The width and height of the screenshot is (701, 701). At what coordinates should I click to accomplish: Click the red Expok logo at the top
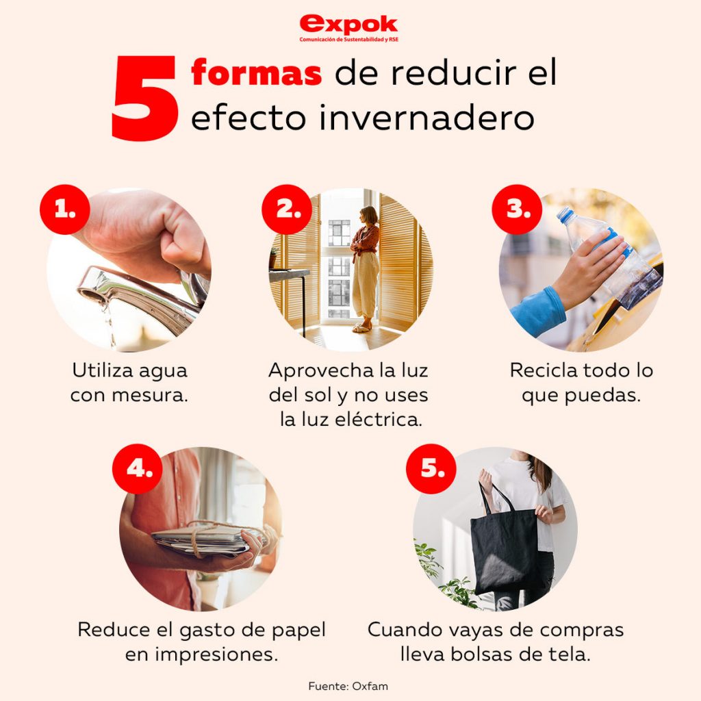click(x=348, y=27)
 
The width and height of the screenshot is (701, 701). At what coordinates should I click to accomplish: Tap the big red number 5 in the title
click(x=144, y=98)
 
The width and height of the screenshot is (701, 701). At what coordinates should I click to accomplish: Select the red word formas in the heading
click(x=256, y=73)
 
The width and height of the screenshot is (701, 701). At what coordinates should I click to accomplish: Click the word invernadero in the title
click(x=426, y=118)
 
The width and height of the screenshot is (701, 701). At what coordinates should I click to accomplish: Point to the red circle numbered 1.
click(x=65, y=209)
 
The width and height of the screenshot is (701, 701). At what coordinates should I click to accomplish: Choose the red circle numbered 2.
click(x=287, y=209)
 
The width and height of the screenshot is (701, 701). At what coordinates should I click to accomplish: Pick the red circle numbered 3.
click(x=518, y=209)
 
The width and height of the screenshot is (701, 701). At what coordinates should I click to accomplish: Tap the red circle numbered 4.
click(x=137, y=468)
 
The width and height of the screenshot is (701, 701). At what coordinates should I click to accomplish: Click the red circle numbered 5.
click(x=431, y=468)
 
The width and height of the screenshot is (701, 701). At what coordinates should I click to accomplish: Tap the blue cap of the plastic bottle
click(x=565, y=214)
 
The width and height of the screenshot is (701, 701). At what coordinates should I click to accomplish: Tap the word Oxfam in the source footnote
click(x=370, y=686)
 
